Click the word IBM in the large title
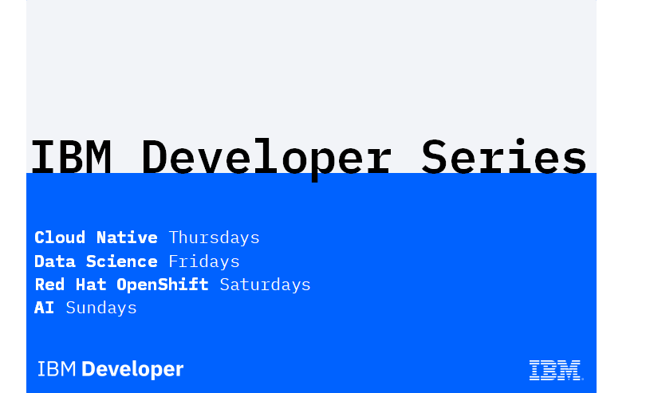71,156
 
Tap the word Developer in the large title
266,159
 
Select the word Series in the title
504,156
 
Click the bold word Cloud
60,238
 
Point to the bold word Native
127,238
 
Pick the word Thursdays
215,238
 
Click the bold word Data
55,261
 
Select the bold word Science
121,261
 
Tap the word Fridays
204,261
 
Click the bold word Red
49,285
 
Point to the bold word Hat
91,285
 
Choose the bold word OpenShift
163,285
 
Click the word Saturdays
265,285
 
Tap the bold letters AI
45,308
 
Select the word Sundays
101,308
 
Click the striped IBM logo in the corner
556,370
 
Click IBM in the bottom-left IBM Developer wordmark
57,369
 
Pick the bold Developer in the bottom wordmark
132,370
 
